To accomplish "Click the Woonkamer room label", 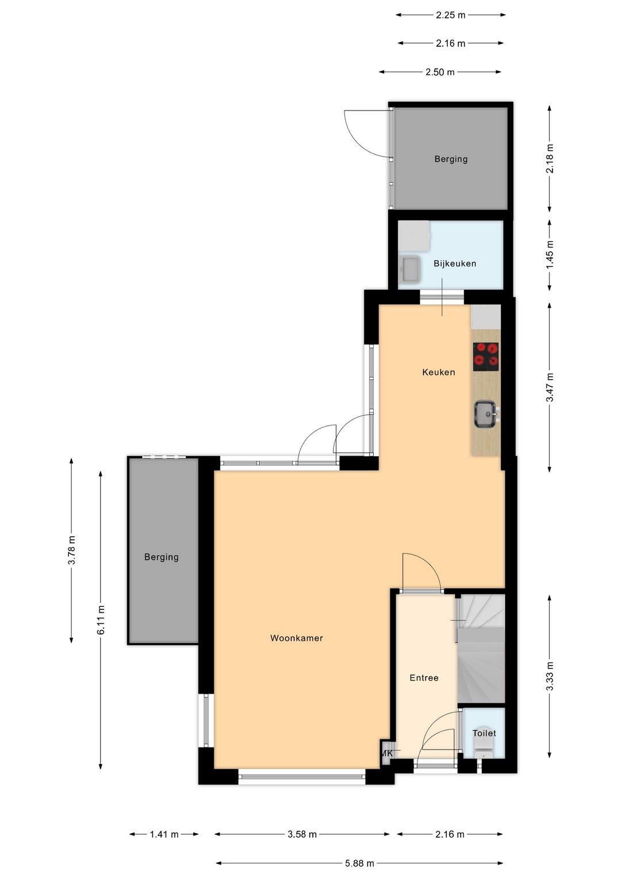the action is (297, 637).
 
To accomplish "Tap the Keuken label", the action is (438, 372).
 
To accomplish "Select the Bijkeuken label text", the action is (454, 264).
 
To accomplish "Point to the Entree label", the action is (424, 678).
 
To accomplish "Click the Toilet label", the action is (484, 733).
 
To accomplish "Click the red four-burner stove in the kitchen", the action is (486, 357).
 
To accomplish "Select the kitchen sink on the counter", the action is (486, 414).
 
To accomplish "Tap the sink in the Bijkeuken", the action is (410, 269).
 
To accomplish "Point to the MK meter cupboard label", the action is (387, 753).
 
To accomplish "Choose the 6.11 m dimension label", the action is (101, 620).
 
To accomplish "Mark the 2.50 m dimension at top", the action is (440, 72).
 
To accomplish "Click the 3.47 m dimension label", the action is (550, 387).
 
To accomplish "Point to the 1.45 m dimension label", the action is (550, 254).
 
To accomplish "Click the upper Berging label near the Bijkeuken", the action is (451, 159).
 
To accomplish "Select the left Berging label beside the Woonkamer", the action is (162, 557).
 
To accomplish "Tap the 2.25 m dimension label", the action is (451, 16).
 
